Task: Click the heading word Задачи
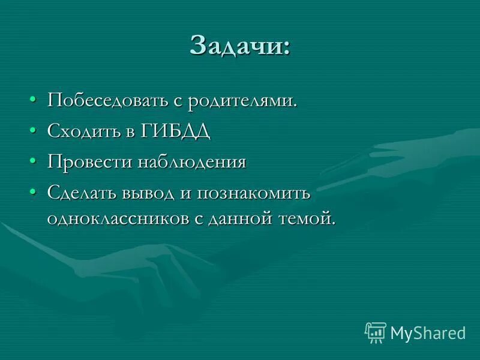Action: tap(236, 45)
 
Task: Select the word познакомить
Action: tap(258, 194)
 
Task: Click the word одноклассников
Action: tap(117, 218)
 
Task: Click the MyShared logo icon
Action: tap(375, 332)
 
